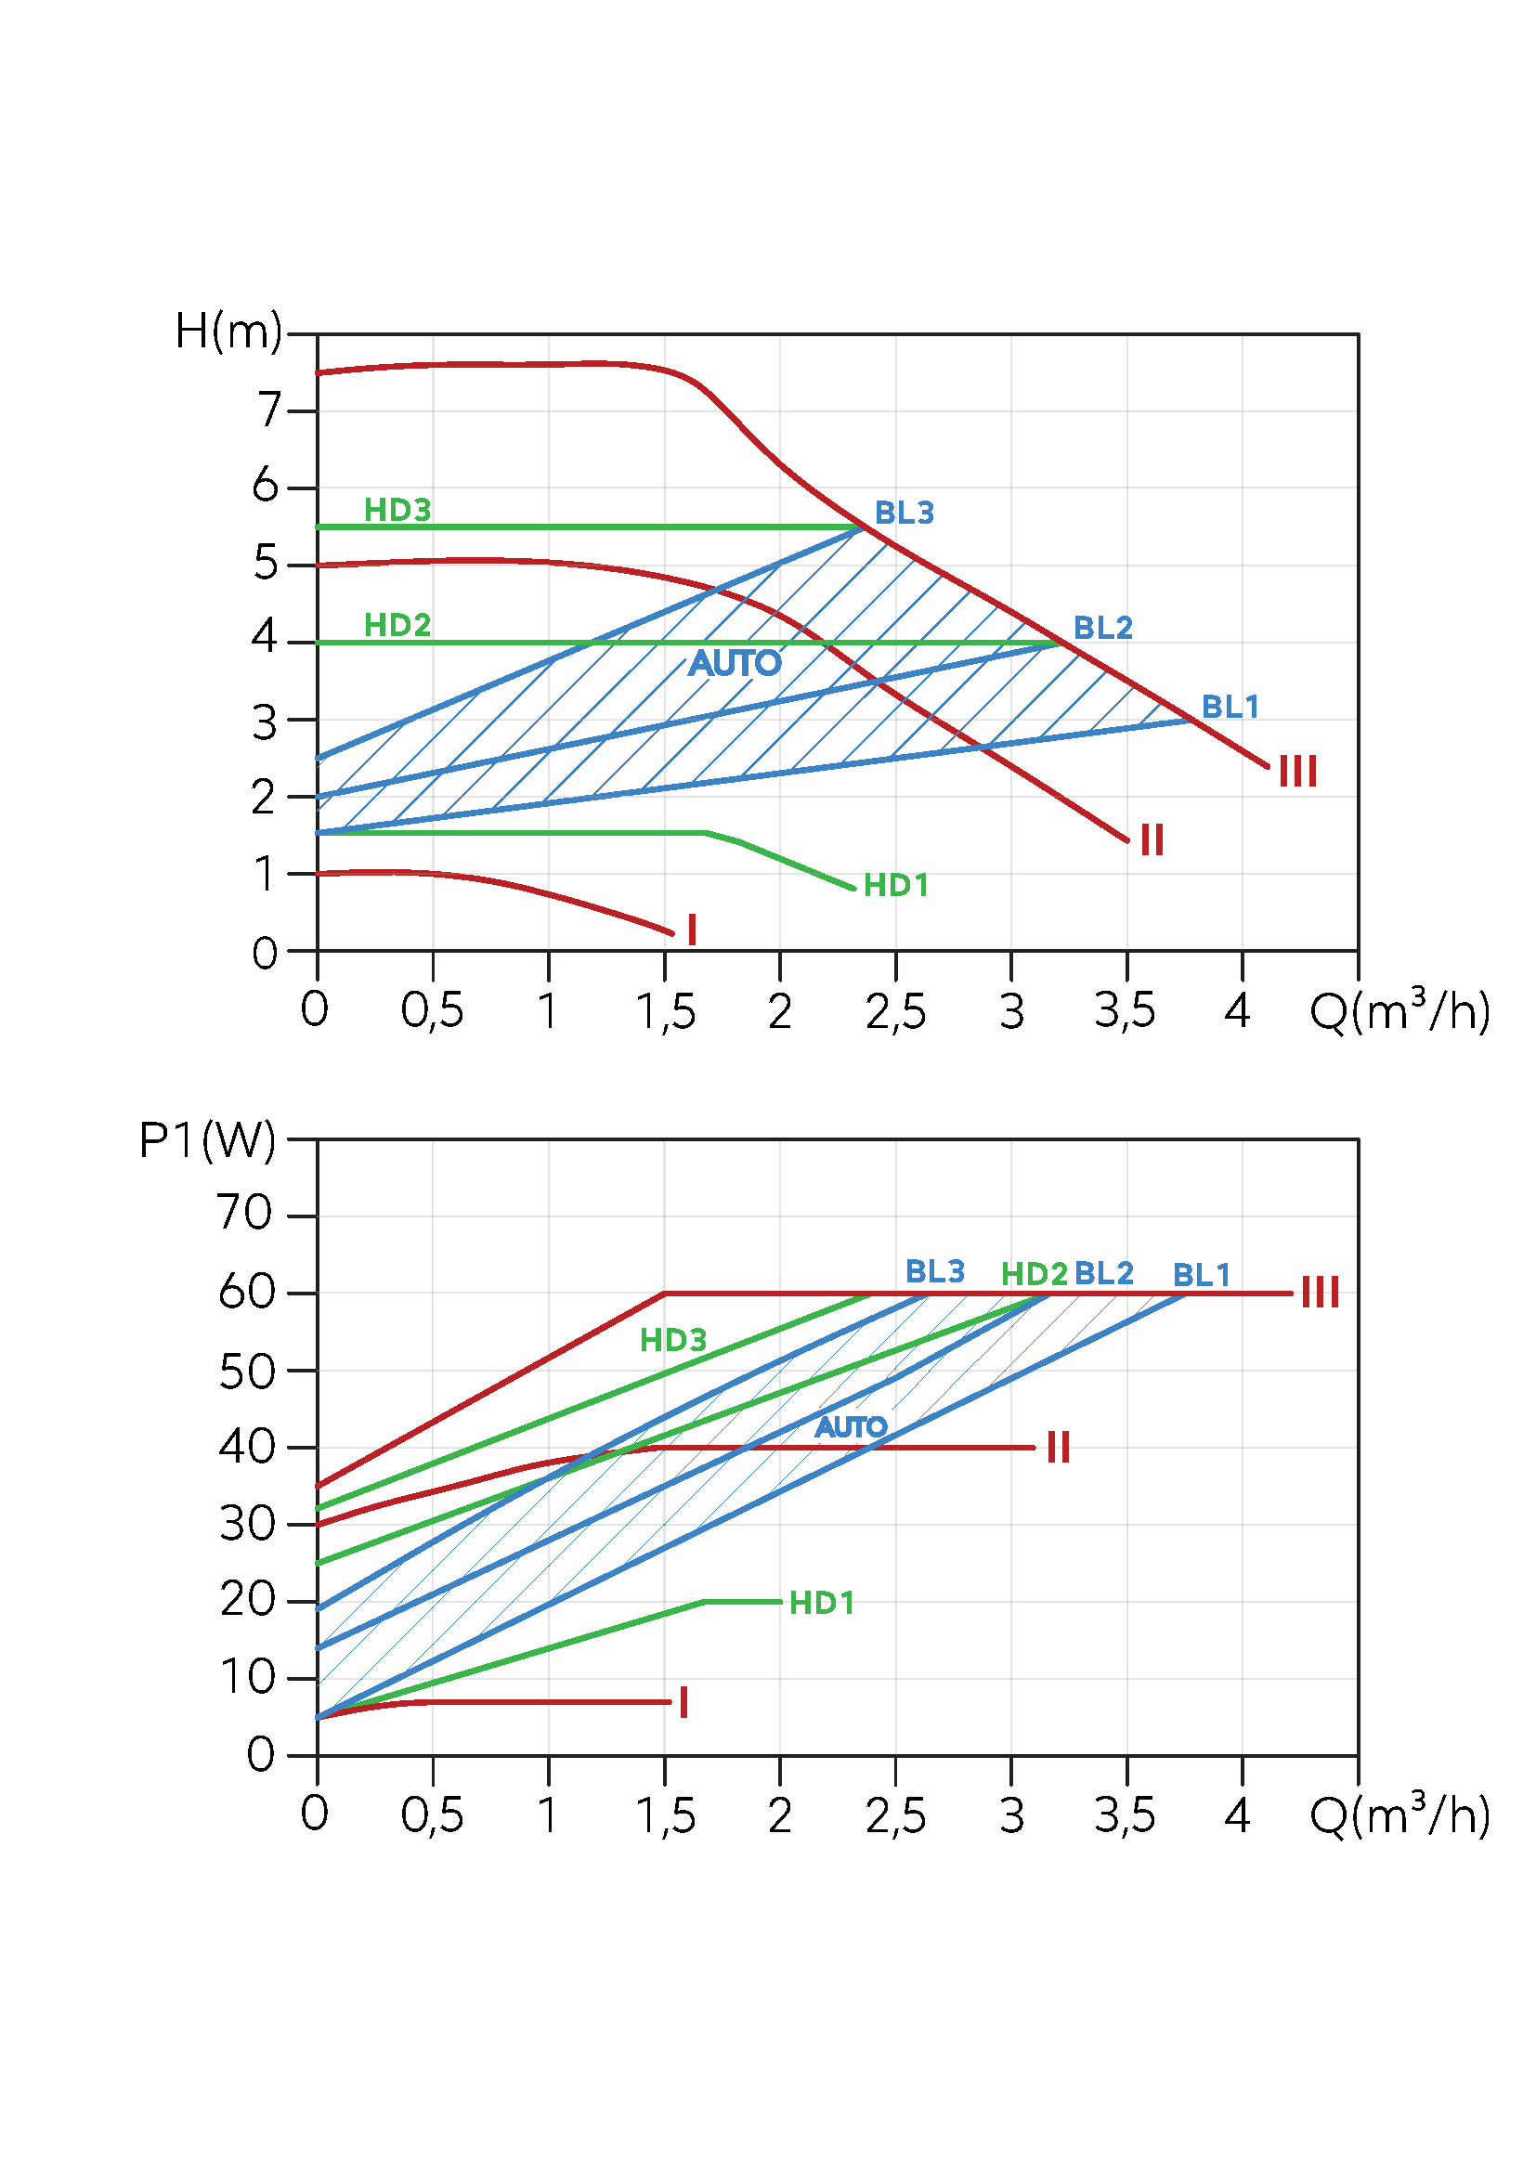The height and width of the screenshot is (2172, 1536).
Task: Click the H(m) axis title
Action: click(x=228, y=332)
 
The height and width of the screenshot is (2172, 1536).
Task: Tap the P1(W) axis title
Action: click(x=207, y=1140)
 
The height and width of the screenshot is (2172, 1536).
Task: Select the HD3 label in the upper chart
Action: click(x=397, y=511)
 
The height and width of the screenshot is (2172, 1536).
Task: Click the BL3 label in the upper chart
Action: click(x=905, y=514)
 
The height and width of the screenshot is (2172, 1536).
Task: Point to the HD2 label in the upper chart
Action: click(x=397, y=625)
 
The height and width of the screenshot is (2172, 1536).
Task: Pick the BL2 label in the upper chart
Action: click(x=1103, y=628)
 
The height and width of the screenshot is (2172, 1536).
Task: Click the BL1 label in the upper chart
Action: click(x=1230, y=707)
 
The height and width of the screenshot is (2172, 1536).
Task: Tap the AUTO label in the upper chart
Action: click(x=735, y=663)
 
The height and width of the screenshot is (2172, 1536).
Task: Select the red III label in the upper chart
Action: click(x=1297, y=772)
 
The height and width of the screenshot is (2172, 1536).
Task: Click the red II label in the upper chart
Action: click(x=1151, y=840)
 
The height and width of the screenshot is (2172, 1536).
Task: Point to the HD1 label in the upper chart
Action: click(x=895, y=887)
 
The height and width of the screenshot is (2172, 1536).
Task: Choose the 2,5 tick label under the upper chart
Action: click(x=894, y=1012)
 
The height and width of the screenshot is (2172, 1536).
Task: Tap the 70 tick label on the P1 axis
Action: click(x=245, y=1213)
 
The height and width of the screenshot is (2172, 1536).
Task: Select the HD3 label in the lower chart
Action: click(x=672, y=1341)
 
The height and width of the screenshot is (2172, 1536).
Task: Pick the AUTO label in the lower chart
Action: click(x=851, y=1427)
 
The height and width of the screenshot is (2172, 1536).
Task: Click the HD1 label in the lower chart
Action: click(x=821, y=1604)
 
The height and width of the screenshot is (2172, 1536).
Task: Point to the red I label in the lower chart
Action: click(x=683, y=1703)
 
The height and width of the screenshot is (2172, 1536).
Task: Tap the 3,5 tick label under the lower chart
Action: click(x=1125, y=1816)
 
